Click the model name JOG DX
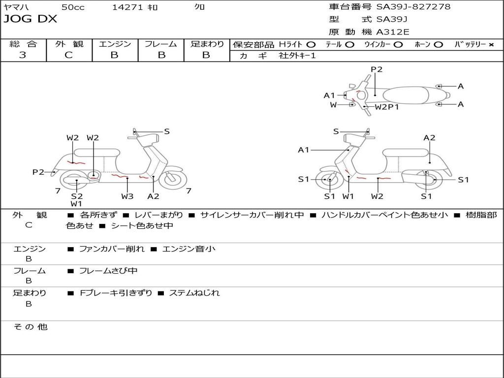pos(31,19)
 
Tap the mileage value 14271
pos(127,7)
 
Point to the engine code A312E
pos(392,32)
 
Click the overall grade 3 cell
pos(23,55)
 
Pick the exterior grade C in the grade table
pos(68,55)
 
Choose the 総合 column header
pos(23,44)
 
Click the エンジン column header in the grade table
pos(115,44)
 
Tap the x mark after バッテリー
pos(491,44)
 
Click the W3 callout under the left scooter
pos(127,196)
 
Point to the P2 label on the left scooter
pos(38,172)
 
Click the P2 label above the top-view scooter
pos(377,69)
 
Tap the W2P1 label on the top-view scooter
pos(387,106)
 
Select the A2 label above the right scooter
pos(430,138)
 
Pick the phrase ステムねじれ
pos(194,293)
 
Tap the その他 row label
pos(31,327)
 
